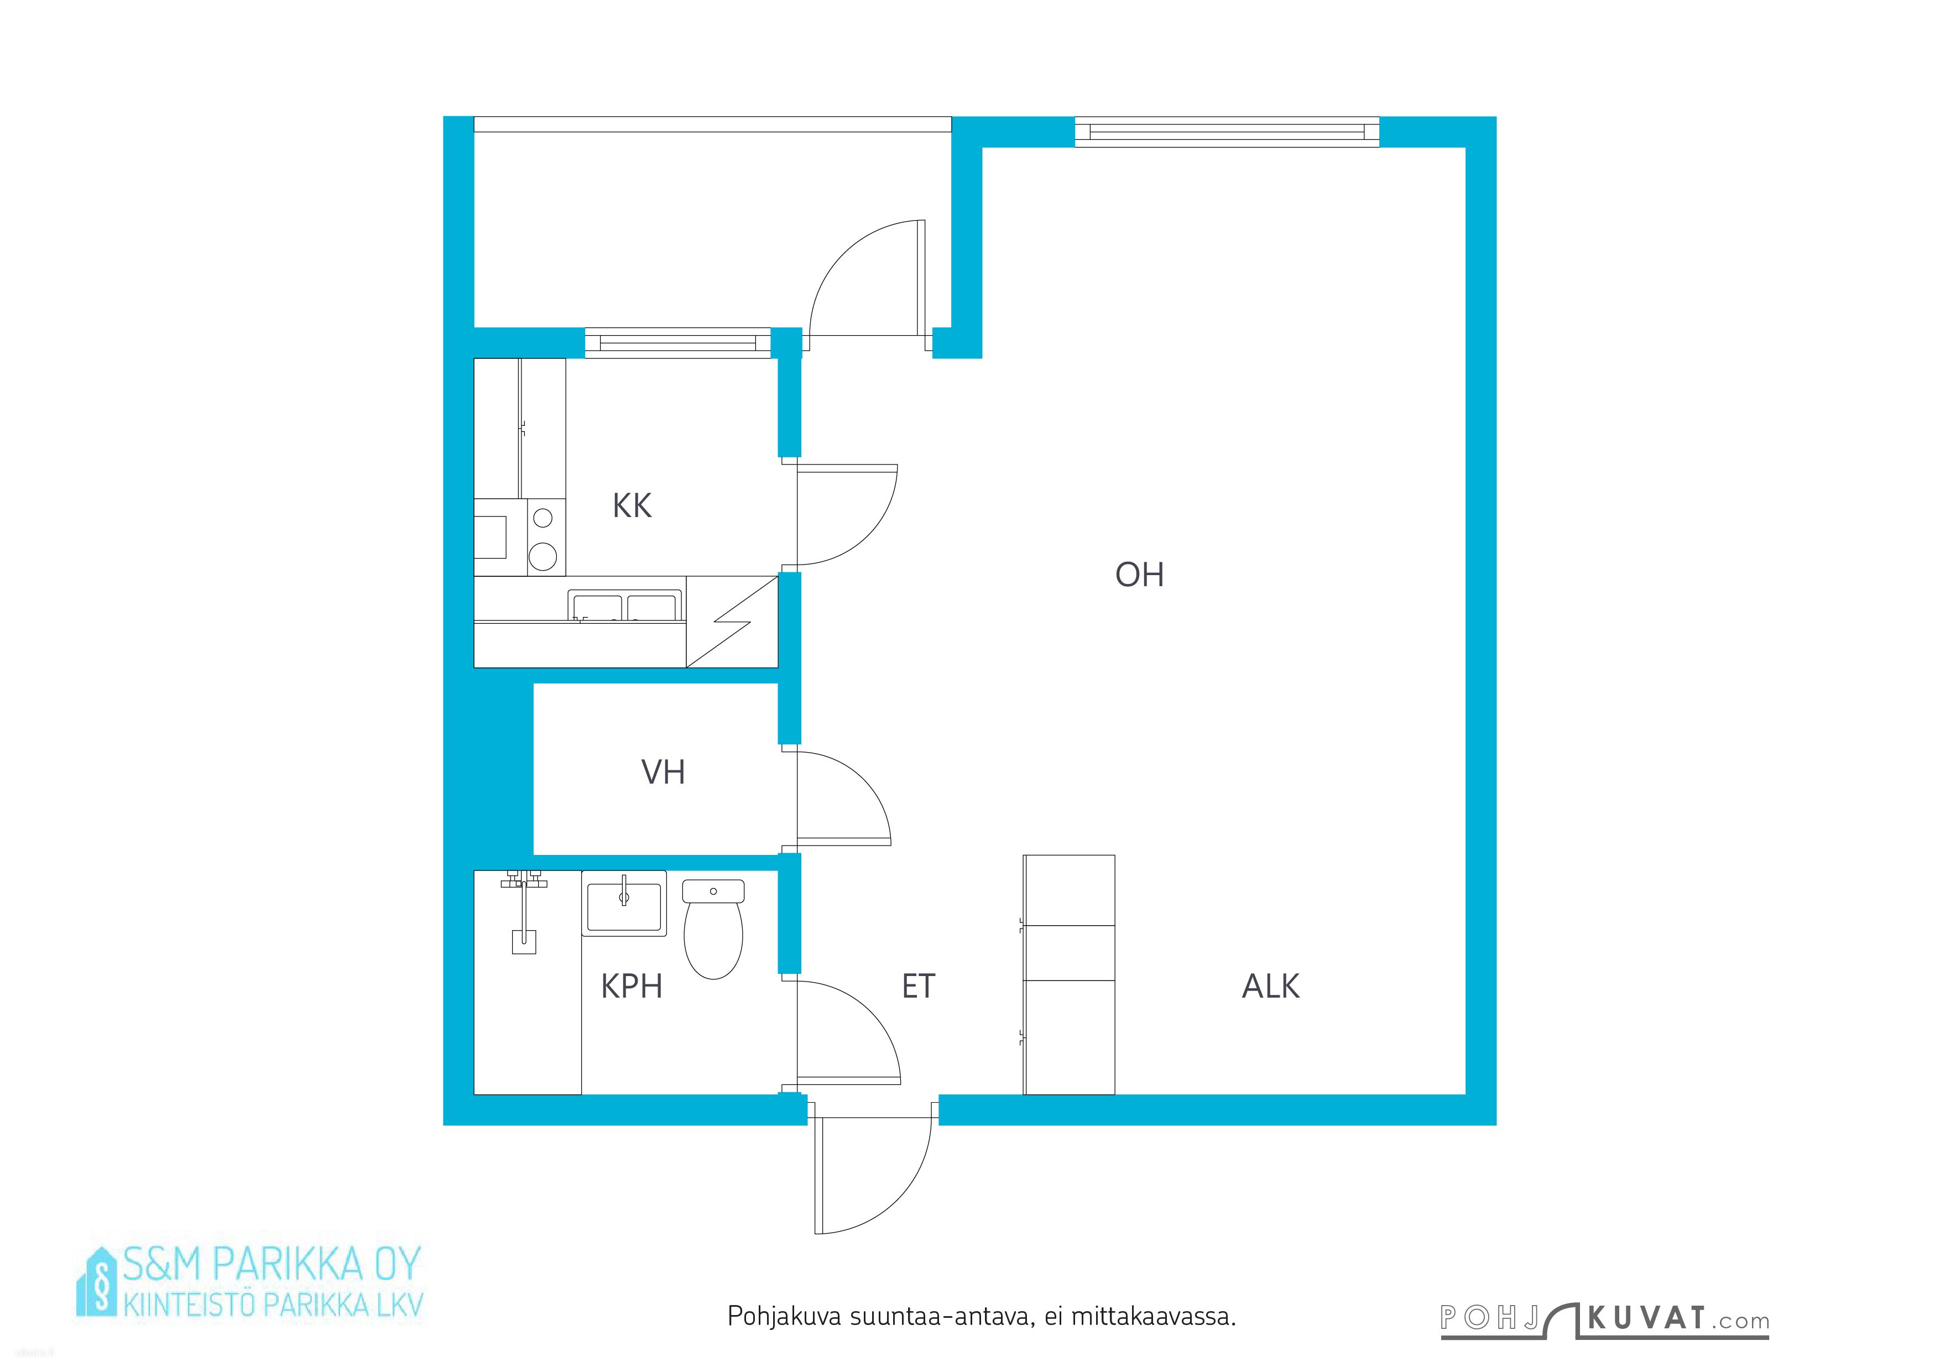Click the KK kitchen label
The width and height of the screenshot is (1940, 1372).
click(632, 506)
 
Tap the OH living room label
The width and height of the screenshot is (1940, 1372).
click(1140, 575)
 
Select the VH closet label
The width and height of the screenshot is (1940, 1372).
click(663, 772)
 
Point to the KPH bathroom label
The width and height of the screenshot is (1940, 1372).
click(631, 986)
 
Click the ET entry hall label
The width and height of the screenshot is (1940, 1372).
click(919, 986)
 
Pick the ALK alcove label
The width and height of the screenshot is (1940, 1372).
click(1271, 986)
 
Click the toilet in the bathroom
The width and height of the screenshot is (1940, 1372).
click(713, 928)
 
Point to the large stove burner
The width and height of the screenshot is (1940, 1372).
click(543, 556)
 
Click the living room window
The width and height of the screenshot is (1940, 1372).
click(1227, 132)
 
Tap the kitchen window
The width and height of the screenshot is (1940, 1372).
click(677, 343)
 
